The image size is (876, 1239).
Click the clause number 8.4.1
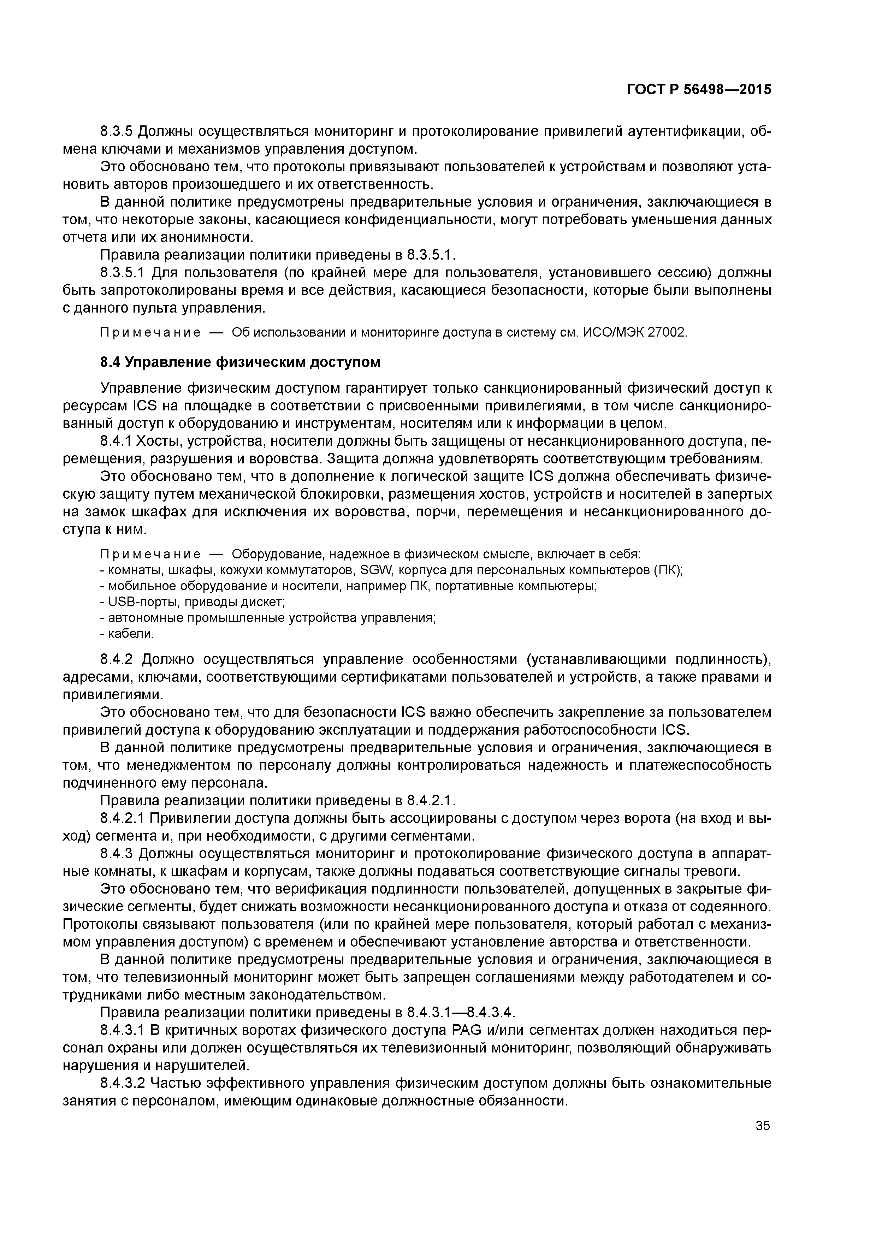[x=116, y=441]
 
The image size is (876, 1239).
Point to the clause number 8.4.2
[x=117, y=659]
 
